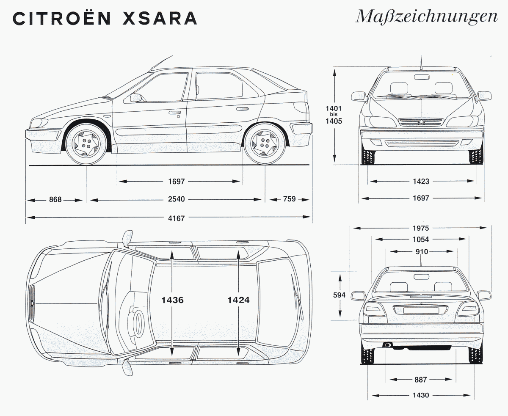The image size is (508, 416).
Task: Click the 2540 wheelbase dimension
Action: click(x=176, y=199)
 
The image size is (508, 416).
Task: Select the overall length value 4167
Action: click(x=176, y=218)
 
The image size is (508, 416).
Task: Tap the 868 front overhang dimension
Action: click(x=55, y=199)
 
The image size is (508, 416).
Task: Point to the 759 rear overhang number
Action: click(x=290, y=199)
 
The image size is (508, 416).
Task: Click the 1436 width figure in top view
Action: click(x=172, y=300)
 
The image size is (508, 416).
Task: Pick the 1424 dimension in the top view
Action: click(x=238, y=300)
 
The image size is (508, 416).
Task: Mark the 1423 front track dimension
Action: click(x=421, y=182)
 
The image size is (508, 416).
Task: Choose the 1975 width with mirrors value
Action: click(x=421, y=228)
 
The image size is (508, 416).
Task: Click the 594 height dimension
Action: click(x=340, y=295)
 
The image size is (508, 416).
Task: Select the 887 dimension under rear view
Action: click(x=421, y=380)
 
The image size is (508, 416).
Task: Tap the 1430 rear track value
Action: click(x=421, y=395)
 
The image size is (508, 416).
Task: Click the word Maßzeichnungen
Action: click(x=426, y=17)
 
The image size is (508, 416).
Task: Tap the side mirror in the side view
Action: click(x=136, y=98)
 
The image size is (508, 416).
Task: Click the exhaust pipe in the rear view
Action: click(x=387, y=345)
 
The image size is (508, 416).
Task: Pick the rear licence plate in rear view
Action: click(x=421, y=310)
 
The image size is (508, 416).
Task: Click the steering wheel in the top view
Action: click(x=138, y=323)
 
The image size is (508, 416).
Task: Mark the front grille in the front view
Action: click(x=422, y=122)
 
